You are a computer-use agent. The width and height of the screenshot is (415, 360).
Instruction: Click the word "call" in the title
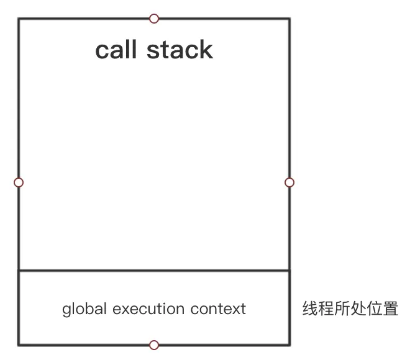116,50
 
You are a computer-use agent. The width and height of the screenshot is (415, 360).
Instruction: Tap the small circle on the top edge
154,19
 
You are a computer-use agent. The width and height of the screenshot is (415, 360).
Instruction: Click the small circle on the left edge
19,182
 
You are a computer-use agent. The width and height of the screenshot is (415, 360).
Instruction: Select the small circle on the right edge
289,182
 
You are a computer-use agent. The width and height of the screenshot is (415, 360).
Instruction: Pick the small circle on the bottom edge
154,345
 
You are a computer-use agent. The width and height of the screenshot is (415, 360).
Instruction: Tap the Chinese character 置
391,308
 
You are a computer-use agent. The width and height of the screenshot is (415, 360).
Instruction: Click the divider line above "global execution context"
154,271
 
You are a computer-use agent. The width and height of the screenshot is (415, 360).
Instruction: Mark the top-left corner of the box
19,19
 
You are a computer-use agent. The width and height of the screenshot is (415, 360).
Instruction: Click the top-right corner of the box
289,19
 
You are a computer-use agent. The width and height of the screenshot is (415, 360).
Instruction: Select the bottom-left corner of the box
19,344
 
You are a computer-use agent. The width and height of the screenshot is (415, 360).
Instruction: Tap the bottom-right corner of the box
289,344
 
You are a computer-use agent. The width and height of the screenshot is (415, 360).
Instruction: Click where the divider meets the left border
19,271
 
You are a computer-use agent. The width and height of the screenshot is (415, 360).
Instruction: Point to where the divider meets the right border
289,271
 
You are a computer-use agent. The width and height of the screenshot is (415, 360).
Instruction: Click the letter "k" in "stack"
206,50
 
